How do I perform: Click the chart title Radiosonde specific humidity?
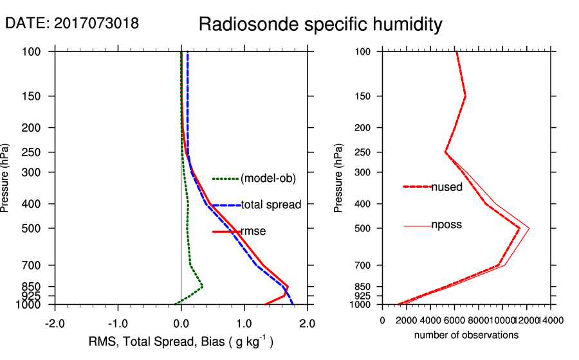pyautogui.click(x=320, y=24)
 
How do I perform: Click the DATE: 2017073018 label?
pyautogui.click(x=72, y=23)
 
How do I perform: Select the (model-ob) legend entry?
pyautogui.click(x=268, y=179)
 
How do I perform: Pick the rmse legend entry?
pyautogui.click(x=253, y=231)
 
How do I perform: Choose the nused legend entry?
pyautogui.click(x=446, y=186)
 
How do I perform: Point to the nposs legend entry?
pyautogui.click(x=446, y=225)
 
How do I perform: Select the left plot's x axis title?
pyautogui.click(x=181, y=342)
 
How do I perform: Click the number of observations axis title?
pyautogui.click(x=466, y=335)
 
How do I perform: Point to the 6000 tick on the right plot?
pyautogui.click(x=454, y=320)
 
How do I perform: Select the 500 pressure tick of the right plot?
pyautogui.click(x=363, y=228)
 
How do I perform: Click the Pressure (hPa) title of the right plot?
pyautogui.click(x=338, y=178)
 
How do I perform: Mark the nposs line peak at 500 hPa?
pyautogui.click(x=529, y=228)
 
